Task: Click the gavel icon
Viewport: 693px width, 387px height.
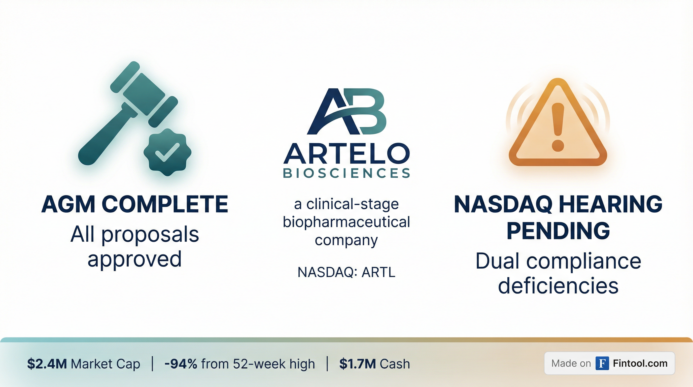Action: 126,113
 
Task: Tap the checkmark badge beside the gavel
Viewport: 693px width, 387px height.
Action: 167,152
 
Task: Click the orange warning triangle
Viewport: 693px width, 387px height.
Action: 558,122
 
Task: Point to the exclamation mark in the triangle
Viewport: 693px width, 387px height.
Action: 558,127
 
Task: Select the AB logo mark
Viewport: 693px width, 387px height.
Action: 346,111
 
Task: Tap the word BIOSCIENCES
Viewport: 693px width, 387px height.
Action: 346,173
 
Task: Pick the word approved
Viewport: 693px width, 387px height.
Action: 134,259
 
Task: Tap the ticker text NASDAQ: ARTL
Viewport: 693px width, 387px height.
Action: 346,272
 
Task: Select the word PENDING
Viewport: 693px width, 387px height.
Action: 558,231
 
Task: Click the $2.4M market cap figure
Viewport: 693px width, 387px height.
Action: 47,364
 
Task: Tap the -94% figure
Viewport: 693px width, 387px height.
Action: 181,364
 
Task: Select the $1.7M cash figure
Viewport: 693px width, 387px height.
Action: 358,364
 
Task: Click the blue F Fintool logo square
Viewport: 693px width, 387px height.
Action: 602,363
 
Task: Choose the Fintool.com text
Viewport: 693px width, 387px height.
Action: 640,364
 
